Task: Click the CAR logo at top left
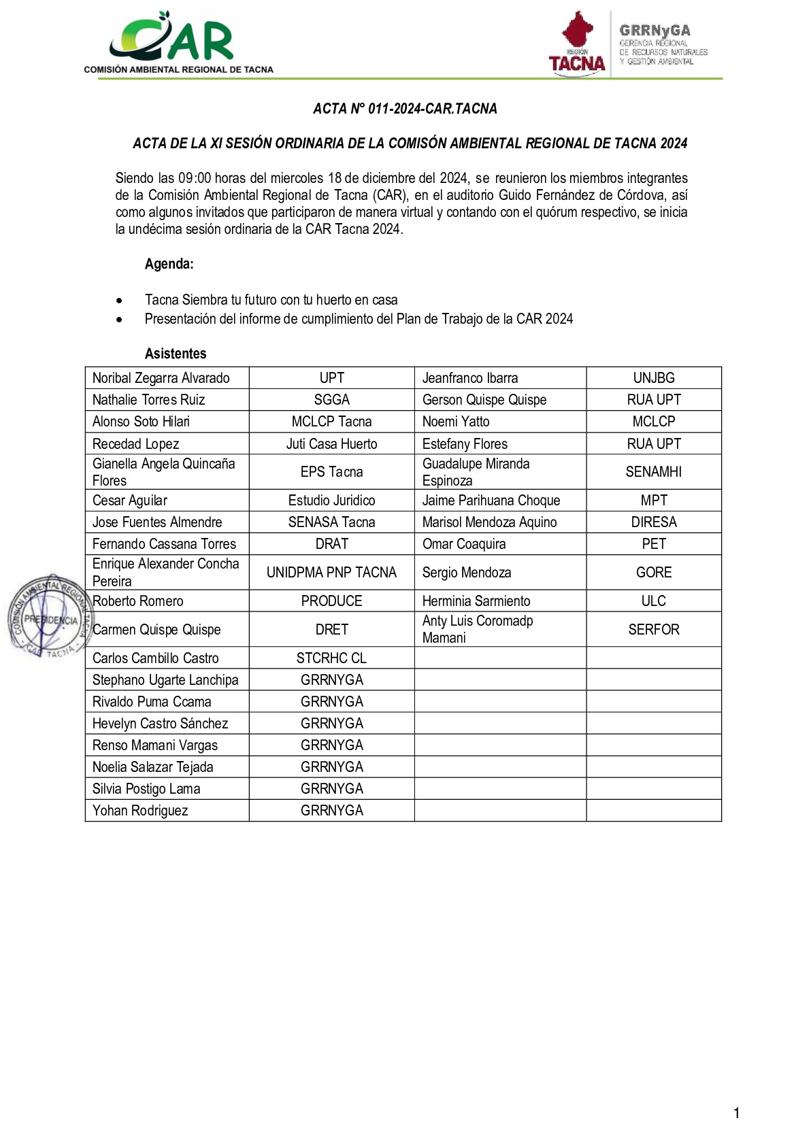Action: (x=178, y=42)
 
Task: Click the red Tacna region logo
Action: (x=577, y=42)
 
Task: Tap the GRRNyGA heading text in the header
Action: (x=655, y=31)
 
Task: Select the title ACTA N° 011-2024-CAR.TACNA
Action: (x=405, y=109)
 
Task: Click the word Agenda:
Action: (x=169, y=264)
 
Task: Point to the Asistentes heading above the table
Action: (x=176, y=354)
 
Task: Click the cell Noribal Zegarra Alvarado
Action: (x=161, y=378)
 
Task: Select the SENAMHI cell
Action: (x=653, y=472)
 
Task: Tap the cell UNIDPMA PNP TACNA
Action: (x=331, y=573)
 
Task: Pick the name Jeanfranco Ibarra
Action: (x=470, y=378)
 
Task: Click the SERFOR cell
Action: (x=653, y=630)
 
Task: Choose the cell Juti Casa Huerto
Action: (x=331, y=444)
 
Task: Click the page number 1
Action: (x=736, y=1113)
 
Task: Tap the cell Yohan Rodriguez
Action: (x=140, y=811)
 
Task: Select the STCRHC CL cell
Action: (x=331, y=658)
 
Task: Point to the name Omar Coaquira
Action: (x=464, y=544)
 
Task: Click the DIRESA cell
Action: (x=653, y=522)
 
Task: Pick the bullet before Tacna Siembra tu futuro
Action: (x=120, y=301)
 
